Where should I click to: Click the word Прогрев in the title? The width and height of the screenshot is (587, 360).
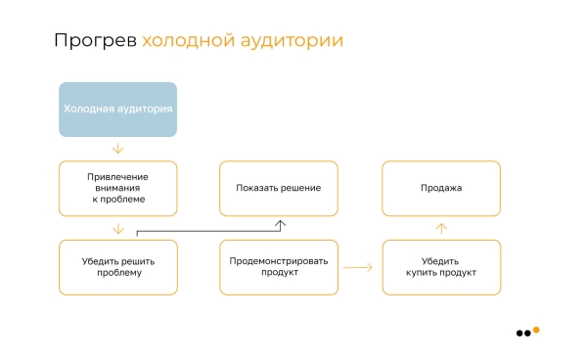click(x=94, y=41)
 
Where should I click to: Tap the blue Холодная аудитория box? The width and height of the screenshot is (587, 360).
click(x=118, y=110)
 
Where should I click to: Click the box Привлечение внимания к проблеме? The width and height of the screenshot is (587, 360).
click(x=118, y=188)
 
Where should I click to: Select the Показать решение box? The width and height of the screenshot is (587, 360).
click(x=279, y=188)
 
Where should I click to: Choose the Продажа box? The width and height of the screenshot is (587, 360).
click(x=441, y=188)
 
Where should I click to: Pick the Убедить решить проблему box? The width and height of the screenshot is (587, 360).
click(x=118, y=266)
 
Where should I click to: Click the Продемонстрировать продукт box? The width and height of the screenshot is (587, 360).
click(x=279, y=266)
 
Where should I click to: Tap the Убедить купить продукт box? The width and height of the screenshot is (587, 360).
click(x=441, y=266)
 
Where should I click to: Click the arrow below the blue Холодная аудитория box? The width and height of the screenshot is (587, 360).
click(x=118, y=149)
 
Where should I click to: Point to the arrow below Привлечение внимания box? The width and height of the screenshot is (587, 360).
click(x=118, y=228)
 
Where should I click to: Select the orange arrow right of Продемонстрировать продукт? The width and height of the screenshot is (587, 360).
click(x=358, y=266)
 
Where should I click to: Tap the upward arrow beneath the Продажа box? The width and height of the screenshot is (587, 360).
click(x=441, y=228)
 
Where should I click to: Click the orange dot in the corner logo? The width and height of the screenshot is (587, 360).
click(x=535, y=330)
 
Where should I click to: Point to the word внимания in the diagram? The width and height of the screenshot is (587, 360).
click(x=118, y=188)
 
